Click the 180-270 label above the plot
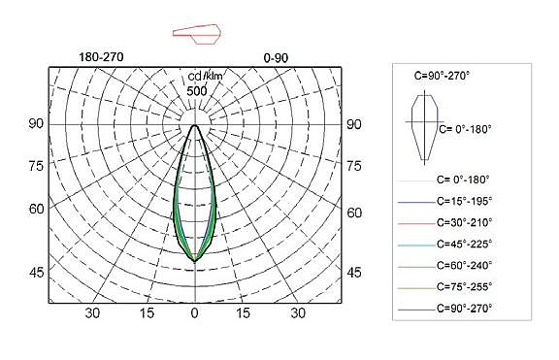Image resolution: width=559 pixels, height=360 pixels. coord(101,57)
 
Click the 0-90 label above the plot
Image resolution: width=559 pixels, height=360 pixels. coord(276,58)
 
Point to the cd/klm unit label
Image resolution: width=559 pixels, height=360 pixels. coord(206,77)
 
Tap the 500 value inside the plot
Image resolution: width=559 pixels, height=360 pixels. coord(197,91)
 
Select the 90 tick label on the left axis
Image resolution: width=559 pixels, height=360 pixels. coord(36,123)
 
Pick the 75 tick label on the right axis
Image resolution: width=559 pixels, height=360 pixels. coord(353,166)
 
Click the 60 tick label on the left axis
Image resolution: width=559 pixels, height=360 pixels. coord(36,209)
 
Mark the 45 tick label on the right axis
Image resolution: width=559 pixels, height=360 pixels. coord(353,273)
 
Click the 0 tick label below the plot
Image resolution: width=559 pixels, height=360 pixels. coord(194,313)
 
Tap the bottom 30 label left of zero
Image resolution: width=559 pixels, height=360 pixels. coord(92,313)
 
